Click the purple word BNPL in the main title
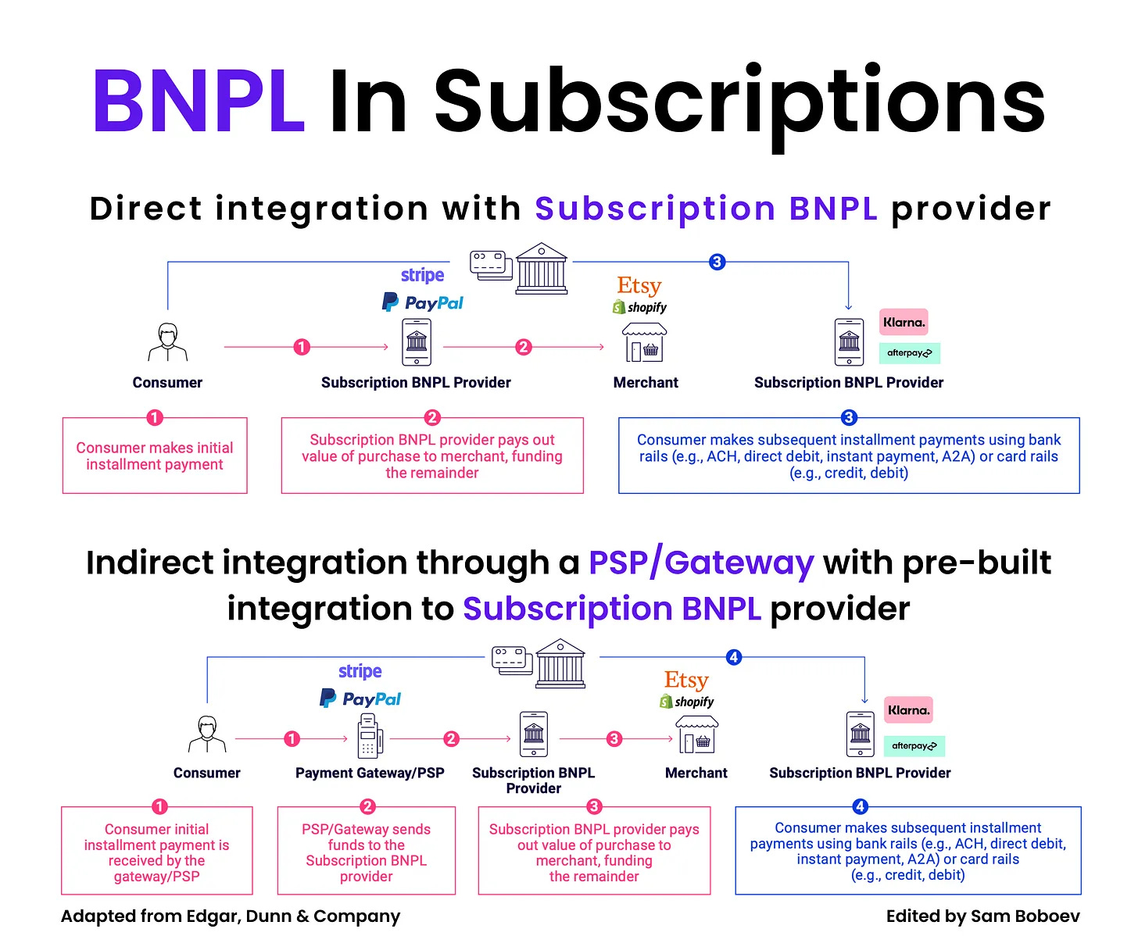pos(199,101)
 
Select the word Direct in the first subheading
pos(146,209)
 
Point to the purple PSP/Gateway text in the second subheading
pos(701,563)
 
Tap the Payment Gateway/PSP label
pos(370,773)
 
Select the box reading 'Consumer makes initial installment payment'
pos(155,455)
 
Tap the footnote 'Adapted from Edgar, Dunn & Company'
pos(231,916)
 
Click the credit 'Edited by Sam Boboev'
pos(982,916)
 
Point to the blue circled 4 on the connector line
pos(733,657)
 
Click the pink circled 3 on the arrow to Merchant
pos(614,738)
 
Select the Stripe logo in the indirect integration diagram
pos(360,671)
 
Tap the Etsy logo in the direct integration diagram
pos(639,285)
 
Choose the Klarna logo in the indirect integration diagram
pos(908,710)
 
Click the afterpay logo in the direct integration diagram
pos(909,353)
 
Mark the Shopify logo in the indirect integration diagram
pos(687,702)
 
